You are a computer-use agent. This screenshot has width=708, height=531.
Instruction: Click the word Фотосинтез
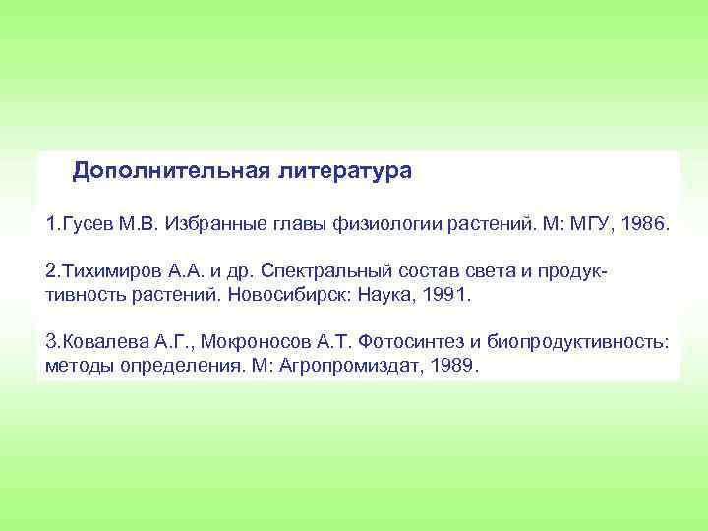[411, 341]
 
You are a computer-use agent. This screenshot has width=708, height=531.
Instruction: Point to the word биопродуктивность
[580, 341]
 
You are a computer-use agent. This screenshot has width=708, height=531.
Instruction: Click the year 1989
[453, 365]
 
